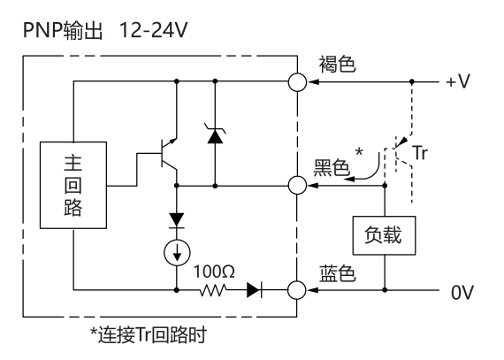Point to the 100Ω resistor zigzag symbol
point(213,290)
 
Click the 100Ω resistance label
point(214,272)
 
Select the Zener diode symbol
point(215,135)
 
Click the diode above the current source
point(177,220)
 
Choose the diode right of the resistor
point(254,290)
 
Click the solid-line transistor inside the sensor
point(168,154)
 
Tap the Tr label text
point(420,153)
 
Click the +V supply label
point(458,81)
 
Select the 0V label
point(462,293)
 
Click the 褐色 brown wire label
point(337,64)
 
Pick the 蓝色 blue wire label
point(337,274)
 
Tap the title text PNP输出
point(63,31)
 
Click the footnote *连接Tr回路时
point(149,335)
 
